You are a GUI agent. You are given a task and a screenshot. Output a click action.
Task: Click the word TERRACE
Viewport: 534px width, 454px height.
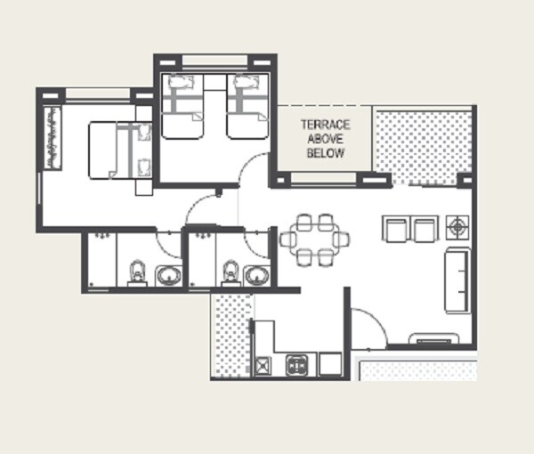(x=325, y=126)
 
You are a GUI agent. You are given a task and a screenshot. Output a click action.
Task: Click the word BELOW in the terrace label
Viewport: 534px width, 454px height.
(x=325, y=154)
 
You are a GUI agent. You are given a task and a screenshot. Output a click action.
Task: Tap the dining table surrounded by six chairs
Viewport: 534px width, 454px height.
(x=314, y=239)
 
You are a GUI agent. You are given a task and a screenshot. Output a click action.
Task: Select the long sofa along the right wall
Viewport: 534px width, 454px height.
(x=457, y=280)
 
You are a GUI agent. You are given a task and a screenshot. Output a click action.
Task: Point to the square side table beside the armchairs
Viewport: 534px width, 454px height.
(x=458, y=227)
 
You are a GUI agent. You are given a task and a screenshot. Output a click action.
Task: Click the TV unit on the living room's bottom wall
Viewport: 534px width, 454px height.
(x=434, y=338)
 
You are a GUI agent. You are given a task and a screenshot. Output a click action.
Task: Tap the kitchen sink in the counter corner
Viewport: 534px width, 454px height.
(x=264, y=364)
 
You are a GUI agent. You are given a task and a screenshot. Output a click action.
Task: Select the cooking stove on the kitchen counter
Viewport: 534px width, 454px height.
(x=296, y=364)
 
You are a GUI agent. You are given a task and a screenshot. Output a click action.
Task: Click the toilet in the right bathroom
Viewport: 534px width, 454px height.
(x=231, y=272)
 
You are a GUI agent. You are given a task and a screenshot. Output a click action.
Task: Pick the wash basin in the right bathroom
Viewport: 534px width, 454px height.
(x=258, y=276)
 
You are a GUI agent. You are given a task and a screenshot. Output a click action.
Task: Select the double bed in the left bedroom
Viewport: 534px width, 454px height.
(x=120, y=150)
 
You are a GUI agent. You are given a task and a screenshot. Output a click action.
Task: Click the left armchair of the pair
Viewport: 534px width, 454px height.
(x=395, y=229)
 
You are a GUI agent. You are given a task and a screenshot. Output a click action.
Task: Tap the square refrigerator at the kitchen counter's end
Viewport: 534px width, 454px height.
(x=330, y=364)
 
